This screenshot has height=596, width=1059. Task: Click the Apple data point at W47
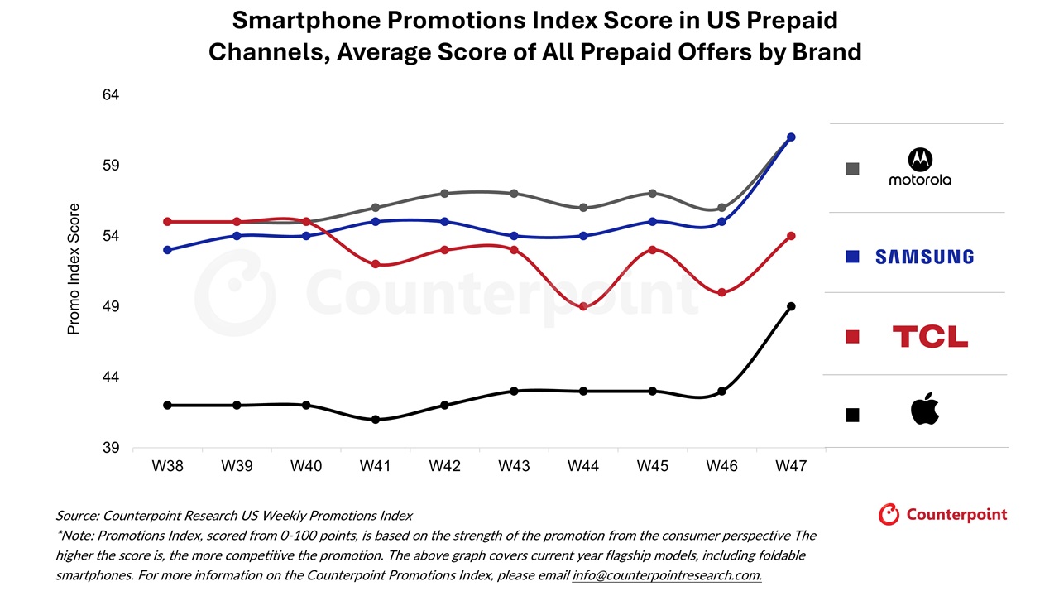tap(791, 306)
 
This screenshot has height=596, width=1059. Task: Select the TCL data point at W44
tap(583, 306)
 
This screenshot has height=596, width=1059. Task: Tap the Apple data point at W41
tap(376, 419)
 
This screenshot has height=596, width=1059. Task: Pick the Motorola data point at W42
tap(444, 193)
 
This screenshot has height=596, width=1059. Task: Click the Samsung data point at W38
tap(167, 249)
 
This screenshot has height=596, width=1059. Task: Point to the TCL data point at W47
tap(791, 236)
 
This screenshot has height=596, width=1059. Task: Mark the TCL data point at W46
tap(721, 292)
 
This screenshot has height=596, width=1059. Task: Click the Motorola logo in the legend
tap(919, 167)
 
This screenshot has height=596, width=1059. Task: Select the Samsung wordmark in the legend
tap(924, 257)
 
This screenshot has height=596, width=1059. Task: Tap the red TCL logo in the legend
tap(930, 336)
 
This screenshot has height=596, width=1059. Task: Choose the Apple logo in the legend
tap(925, 410)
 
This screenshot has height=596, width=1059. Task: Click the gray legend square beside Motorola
tap(852, 169)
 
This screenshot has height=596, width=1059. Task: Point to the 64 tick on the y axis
tap(111, 95)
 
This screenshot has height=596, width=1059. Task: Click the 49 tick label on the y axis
tap(111, 307)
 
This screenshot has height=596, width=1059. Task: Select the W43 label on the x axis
tap(514, 466)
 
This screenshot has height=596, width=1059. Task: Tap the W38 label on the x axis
tap(167, 466)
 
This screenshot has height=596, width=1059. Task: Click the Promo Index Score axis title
tap(74, 269)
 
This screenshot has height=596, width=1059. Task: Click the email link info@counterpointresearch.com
tap(667, 574)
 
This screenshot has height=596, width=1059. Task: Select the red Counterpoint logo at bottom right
tap(942, 514)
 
